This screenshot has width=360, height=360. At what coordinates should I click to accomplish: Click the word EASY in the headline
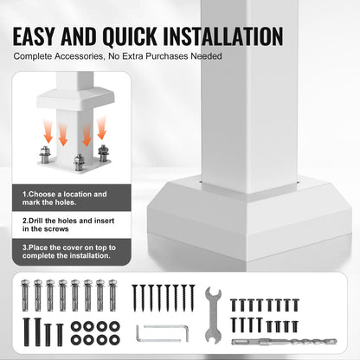[34, 36]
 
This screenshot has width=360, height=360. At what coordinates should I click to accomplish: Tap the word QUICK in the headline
[130, 37]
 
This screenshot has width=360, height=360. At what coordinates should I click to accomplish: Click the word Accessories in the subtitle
[79, 56]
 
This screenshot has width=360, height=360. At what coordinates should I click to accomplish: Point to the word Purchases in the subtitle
[167, 56]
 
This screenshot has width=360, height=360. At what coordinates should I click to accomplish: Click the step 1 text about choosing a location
[65, 198]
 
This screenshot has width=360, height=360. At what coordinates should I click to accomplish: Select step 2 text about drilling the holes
[68, 225]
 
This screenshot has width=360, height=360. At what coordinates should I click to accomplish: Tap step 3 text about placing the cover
[69, 252]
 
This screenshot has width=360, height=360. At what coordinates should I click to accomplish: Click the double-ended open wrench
[213, 315]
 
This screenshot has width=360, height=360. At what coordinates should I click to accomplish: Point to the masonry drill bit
[284, 342]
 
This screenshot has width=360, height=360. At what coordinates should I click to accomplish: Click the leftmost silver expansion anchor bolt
[25, 295]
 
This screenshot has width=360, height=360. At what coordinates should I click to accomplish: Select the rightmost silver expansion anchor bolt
[112, 295]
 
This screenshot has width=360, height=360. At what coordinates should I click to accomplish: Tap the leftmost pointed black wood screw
[134, 298]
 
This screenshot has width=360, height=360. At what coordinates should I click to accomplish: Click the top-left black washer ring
[76, 326]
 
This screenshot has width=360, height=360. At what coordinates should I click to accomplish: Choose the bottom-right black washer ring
[114, 339]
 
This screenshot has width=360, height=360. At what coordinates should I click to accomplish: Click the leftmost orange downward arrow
[48, 132]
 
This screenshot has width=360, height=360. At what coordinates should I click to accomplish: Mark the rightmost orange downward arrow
[101, 128]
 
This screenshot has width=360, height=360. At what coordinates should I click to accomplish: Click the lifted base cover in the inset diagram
[75, 100]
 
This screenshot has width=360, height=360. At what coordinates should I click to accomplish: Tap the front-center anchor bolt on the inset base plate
[79, 163]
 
